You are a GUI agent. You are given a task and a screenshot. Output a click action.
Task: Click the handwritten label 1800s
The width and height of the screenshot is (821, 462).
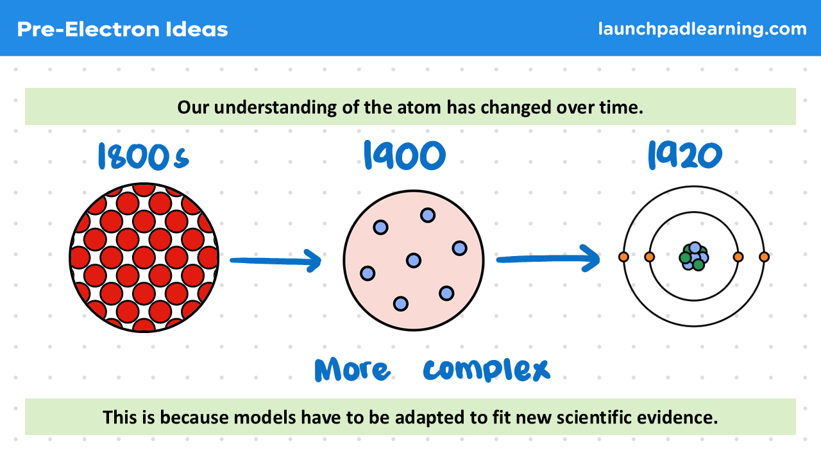[x=143, y=157]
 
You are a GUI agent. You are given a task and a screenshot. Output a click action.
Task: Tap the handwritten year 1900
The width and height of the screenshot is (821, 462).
[x=403, y=156]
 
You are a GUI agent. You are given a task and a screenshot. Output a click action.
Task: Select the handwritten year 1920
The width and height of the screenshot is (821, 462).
[x=684, y=155]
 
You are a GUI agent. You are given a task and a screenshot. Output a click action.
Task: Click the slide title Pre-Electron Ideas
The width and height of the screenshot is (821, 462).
[x=123, y=29]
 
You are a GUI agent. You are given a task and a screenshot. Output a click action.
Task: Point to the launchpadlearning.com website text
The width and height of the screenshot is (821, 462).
[x=702, y=29]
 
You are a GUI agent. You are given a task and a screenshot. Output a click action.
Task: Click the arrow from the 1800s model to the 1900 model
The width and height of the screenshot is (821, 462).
[x=275, y=260]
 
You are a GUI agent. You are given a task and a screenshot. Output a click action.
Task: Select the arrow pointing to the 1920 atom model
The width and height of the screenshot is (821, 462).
[x=548, y=258]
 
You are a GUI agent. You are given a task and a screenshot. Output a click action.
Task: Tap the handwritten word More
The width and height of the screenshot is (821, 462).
[x=351, y=370]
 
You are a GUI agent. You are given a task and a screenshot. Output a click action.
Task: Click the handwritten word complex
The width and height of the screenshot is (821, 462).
[x=486, y=369]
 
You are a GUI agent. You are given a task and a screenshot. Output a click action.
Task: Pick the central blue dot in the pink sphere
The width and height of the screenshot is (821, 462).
[x=414, y=260]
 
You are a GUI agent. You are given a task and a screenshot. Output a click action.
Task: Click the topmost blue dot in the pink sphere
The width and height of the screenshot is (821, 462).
[x=428, y=215]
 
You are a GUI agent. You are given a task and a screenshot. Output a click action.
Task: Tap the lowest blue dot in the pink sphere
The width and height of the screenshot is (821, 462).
[x=400, y=303]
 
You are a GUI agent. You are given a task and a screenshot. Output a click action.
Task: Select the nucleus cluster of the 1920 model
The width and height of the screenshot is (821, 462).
[x=693, y=257]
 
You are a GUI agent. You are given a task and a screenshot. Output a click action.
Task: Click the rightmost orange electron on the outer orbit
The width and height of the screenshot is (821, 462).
[x=764, y=257]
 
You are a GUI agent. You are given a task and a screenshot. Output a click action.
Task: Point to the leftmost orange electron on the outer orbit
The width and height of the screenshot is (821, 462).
[x=623, y=257]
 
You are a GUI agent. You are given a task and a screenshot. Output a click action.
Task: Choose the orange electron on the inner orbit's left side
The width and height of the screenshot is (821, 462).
[x=649, y=257]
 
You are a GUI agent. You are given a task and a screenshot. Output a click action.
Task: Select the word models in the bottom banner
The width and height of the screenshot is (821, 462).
[x=269, y=418]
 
